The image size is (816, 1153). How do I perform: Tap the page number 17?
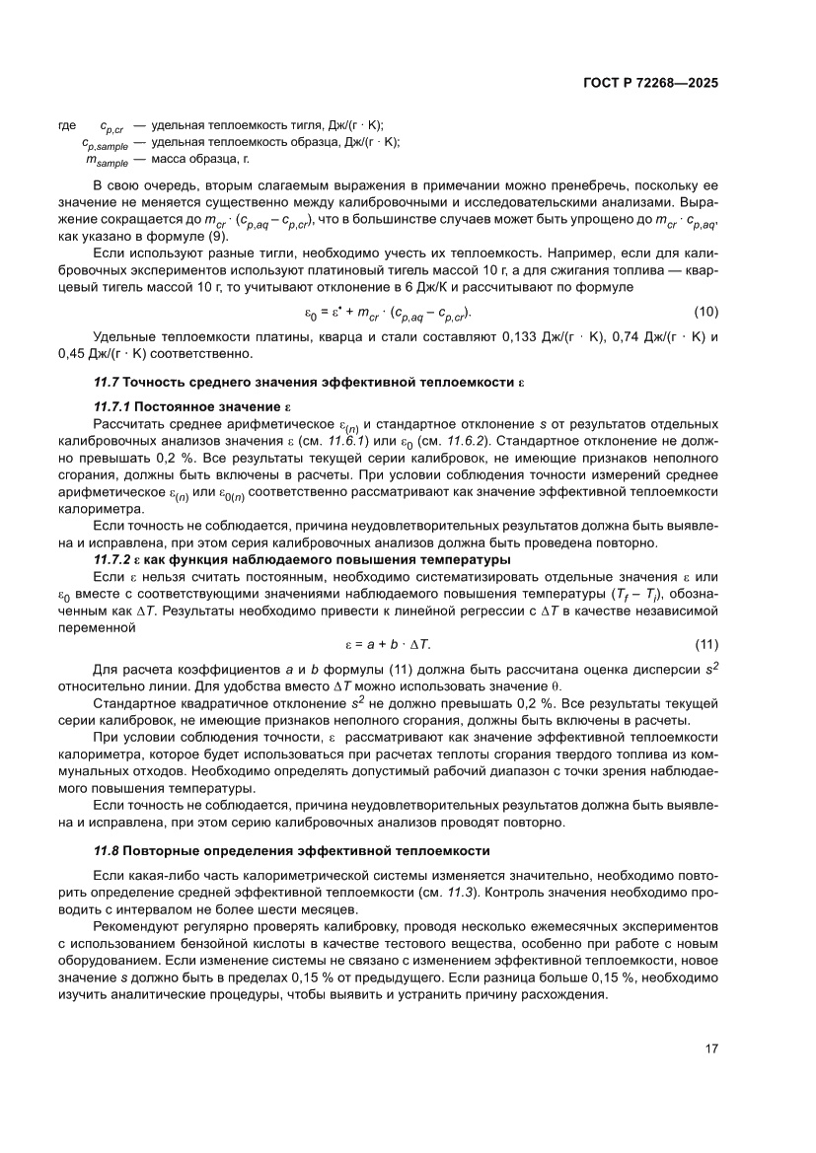(710, 1048)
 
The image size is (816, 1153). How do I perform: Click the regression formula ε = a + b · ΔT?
(388, 644)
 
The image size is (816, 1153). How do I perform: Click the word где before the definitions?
(68, 125)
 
